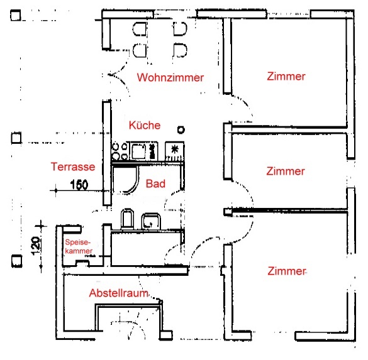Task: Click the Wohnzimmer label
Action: coord(170,77)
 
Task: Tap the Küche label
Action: coord(145,125)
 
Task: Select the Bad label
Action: coord(155,183)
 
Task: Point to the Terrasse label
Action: coord(73,166)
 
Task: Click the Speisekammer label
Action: coord(79,246)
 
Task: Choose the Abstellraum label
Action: coord(118,293)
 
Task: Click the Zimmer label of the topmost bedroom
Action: coord(286,77)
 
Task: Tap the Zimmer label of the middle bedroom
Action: coord(286,171)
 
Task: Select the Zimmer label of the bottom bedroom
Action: coord(287,271)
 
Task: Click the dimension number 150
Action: coord(79,185)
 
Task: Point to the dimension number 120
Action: coord(36,246)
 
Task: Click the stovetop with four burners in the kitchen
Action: coord(120,151)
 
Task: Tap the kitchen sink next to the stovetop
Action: coord(143,151)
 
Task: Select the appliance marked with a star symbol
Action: coord(174,151)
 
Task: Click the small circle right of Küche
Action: coord(181,129)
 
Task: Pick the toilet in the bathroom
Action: coord(127,219)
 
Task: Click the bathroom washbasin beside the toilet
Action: coord(151,221)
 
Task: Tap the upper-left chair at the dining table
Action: coord(140,29)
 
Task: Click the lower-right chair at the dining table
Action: coord(180,50)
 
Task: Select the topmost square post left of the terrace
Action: coord(16,15)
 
